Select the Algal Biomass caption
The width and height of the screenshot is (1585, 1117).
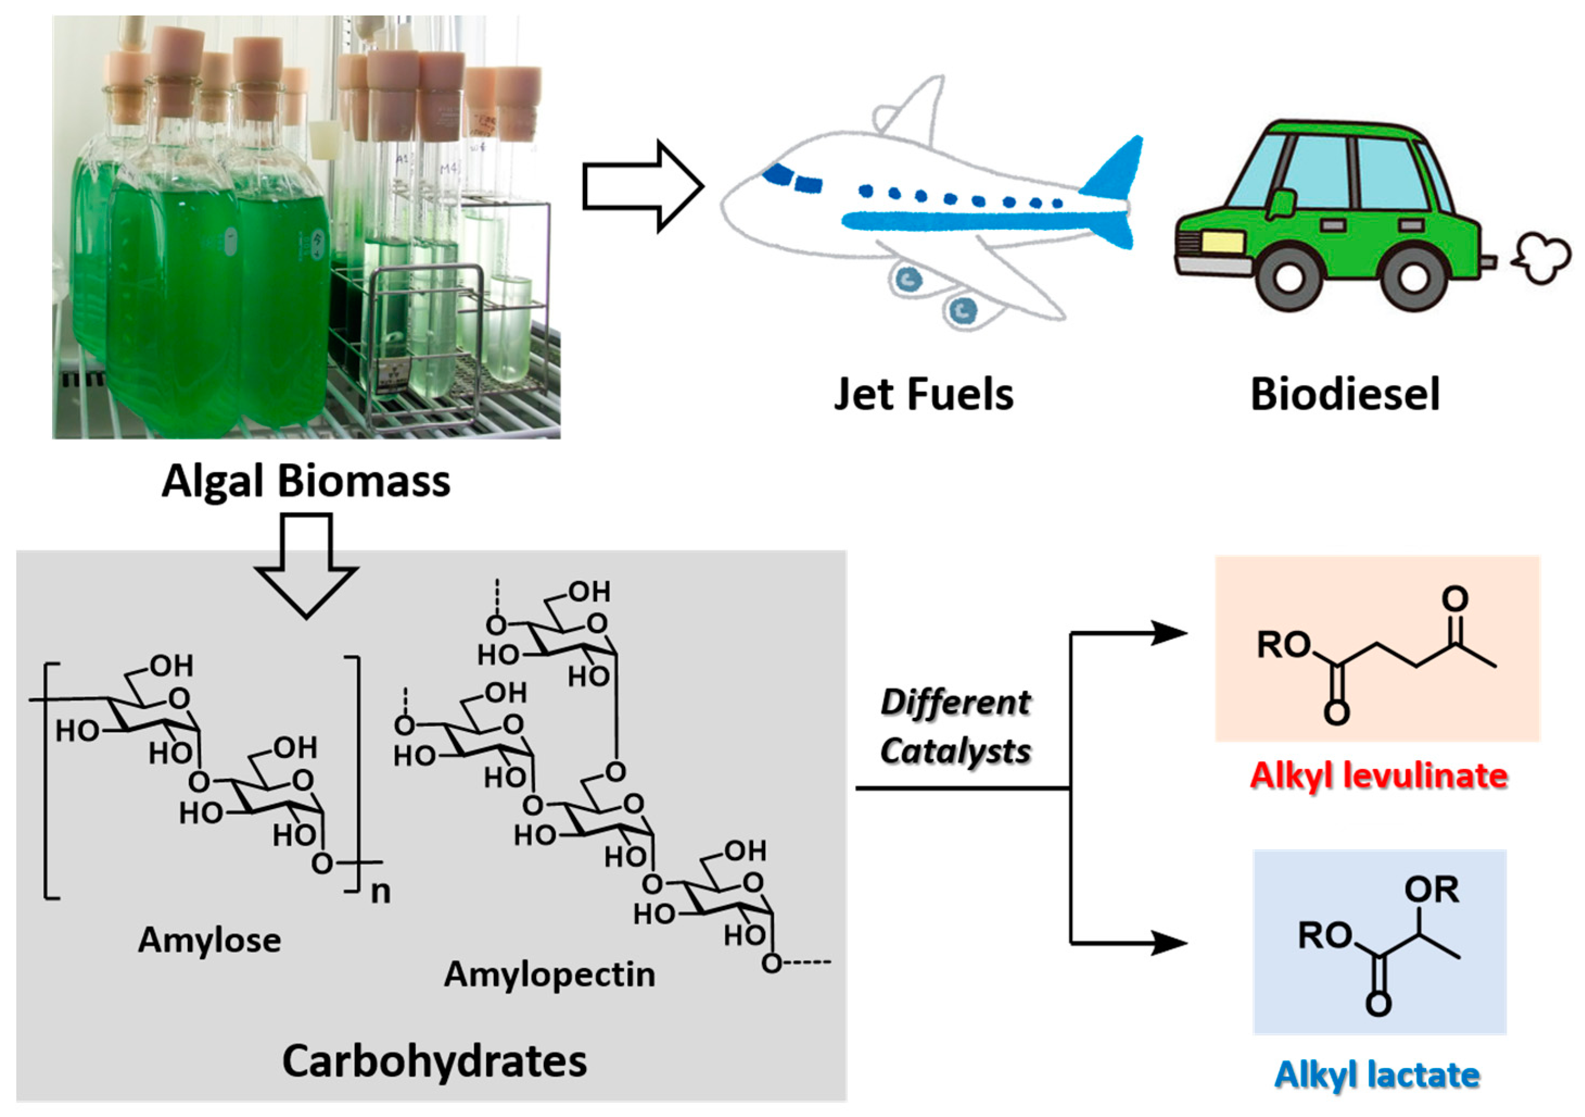click(x=306, y=482)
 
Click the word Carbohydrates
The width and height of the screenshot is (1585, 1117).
click(x=434, y=1061)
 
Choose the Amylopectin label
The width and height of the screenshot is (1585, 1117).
click(x=550, y=975)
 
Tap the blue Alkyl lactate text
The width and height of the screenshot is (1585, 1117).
click(x=1377, y=1075)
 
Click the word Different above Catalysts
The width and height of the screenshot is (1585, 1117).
click(x=956, y=703)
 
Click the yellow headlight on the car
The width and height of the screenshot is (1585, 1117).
click(x=1223, y=242)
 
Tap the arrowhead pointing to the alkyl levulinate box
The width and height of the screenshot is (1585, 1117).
click(x=1169, y=633)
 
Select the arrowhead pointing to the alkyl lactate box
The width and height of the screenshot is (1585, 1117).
click(x=1169, y=942)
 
